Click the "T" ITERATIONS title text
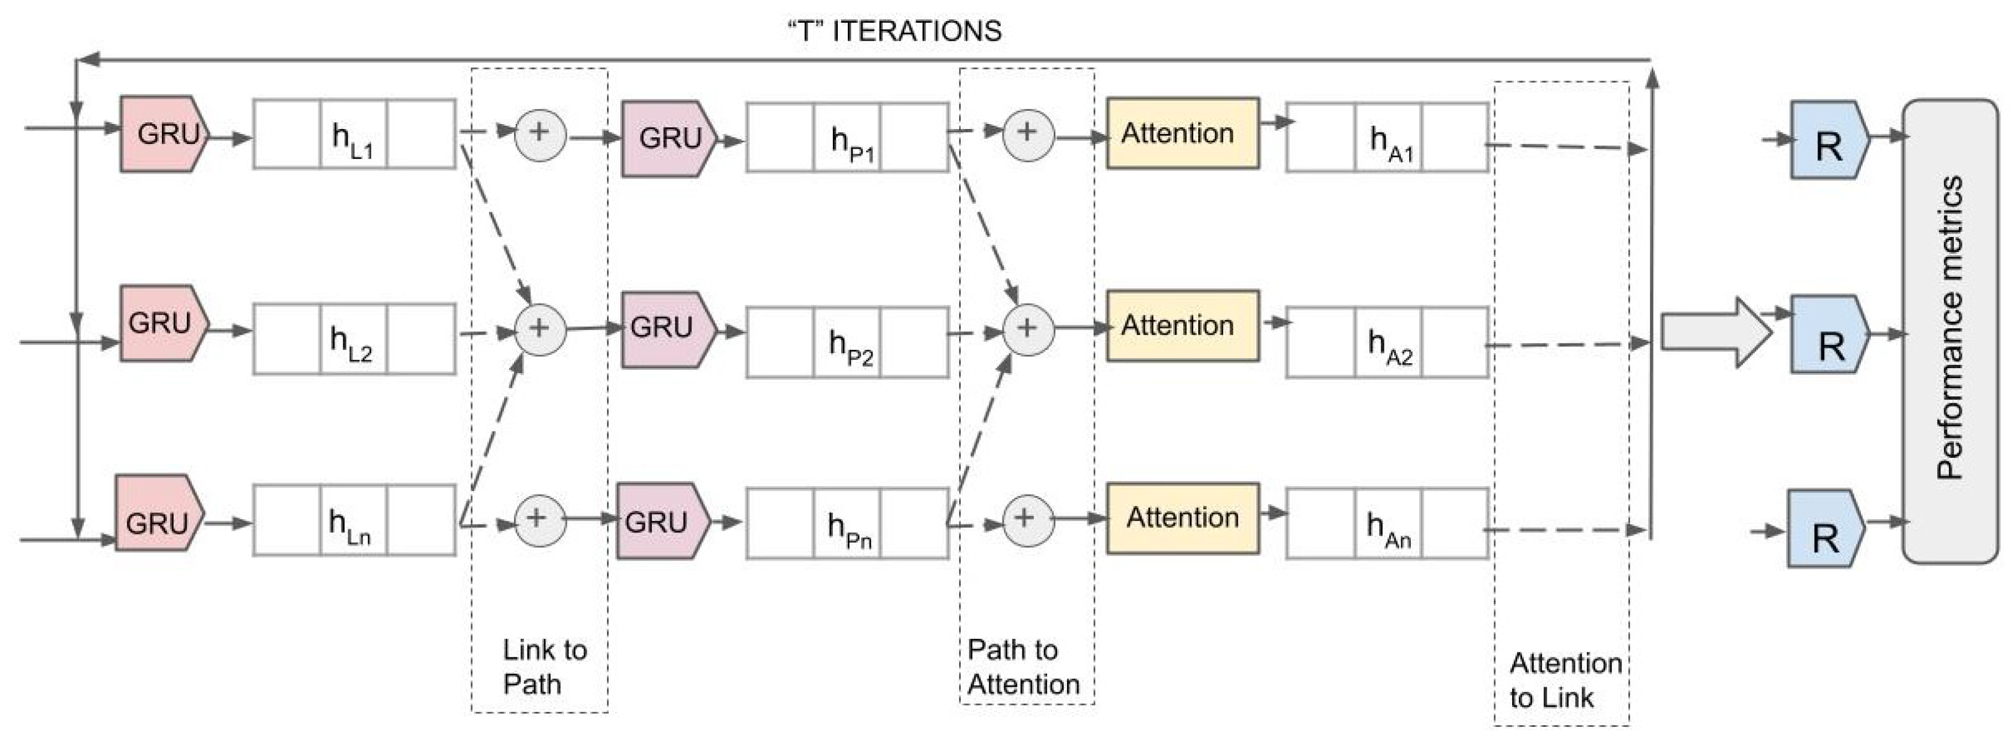tap(893, 31)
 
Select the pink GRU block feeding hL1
tap(164, 133)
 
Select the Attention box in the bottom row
tap(1182, 517)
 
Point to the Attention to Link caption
tap(1564, 680)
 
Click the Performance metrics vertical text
tap(1949, 328)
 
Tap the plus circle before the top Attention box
tap(1028, 135)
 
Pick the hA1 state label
tap(1391, 141)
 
